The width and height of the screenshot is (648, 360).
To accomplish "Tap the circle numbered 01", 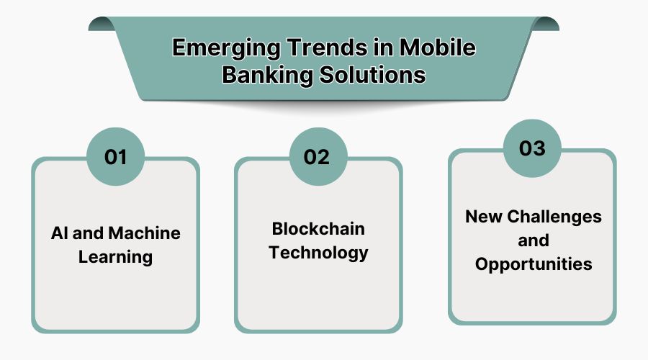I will pyautogui.click(x=115, y=156).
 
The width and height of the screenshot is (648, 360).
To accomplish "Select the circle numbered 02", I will pyautogui.click(x=318, y=156).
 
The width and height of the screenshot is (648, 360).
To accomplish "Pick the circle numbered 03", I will pyautogui.click(x=532, y=148).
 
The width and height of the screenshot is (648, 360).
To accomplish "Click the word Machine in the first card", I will pyautogui.click(x=145, y=233).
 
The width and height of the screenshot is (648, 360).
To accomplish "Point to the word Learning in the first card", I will pyautogui.click(x=115, y=257).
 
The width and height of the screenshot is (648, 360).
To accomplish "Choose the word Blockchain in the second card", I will pyautogui.click(x=318, y=229).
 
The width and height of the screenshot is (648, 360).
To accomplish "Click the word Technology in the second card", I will pyautogui.click(x=318, y=253).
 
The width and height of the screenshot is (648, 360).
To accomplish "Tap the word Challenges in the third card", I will pyautogui.click(x=553, y=216).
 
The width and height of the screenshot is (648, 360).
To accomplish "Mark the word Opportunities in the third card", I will pyautogui.click(x=533, y=264).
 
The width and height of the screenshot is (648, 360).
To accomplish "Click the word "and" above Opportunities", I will pyautogui.click(x=533, y=240).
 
